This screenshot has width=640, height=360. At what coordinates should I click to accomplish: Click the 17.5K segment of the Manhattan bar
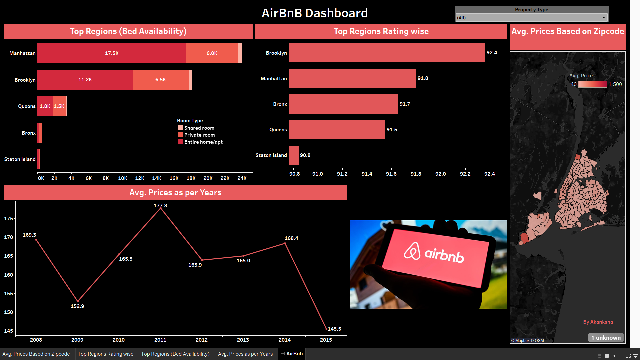112,53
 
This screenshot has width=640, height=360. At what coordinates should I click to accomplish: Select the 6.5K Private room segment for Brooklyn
161,80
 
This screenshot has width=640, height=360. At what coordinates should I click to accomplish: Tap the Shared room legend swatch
180,128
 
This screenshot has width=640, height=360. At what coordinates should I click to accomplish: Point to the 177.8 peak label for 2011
160,206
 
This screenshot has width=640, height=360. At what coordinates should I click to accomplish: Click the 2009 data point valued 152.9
78,301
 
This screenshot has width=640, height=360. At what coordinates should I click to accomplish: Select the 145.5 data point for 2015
326,329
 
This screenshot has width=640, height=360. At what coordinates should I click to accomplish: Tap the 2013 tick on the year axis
243,340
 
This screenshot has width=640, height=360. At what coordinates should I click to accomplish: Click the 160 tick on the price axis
9,275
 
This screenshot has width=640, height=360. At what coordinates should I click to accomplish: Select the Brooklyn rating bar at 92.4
387,53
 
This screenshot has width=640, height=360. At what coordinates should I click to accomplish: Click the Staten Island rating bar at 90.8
294,155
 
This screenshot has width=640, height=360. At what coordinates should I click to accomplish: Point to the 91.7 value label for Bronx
405,104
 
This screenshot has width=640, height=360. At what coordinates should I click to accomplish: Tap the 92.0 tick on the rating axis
440,174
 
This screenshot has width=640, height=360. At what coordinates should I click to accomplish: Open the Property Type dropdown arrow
604,18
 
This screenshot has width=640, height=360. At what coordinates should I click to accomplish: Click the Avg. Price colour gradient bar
592,84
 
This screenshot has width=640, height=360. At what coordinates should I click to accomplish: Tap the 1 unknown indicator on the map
606,338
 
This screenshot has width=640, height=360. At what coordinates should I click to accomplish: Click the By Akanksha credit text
598,322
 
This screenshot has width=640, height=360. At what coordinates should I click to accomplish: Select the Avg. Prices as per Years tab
245,354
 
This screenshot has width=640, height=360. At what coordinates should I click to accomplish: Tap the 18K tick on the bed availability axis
191,178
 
